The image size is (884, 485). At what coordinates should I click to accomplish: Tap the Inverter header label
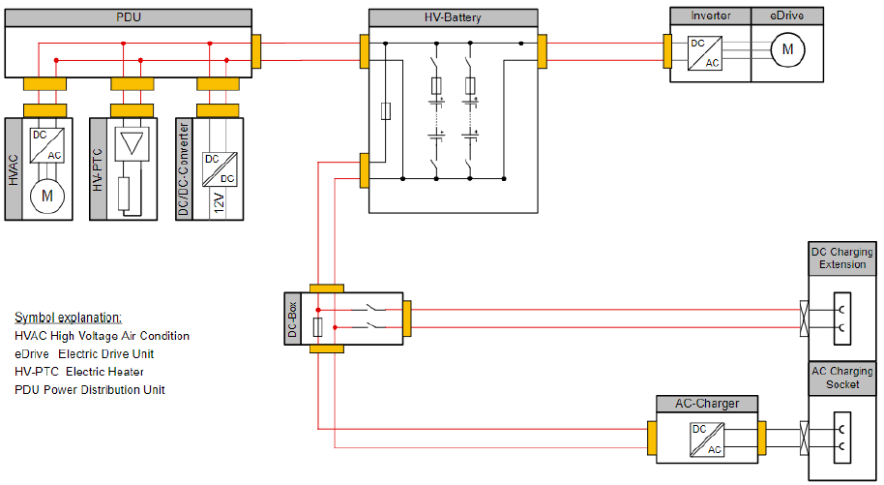click(711, 15)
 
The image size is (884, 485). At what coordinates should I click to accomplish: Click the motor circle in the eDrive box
click(786, 49)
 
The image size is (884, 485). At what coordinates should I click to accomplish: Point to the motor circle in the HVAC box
click(44, 197)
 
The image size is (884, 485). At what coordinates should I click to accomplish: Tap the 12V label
click(220, 202)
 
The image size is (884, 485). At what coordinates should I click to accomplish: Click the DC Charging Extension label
click(841, 258)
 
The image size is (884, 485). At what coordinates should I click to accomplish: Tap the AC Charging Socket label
click(841, 378)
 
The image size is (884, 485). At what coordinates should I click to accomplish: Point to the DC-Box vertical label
click(293, 320)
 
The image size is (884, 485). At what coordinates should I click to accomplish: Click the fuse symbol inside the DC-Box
click(318, 330)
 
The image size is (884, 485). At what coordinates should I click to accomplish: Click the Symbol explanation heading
click(68, 318)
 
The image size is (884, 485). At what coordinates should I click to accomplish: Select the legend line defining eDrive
click(84, 353)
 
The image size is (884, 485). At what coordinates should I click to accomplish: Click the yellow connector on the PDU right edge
click(256, 50)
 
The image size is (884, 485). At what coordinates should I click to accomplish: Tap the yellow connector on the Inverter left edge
click(667, 51)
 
